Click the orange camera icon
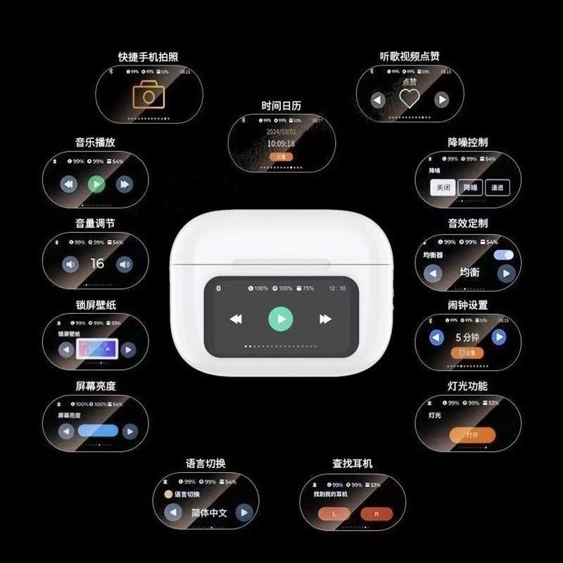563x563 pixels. coord(148,94)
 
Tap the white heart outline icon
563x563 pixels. coord(409,99)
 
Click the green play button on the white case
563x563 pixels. coord(281,320)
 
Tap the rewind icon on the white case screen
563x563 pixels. coord(236,320)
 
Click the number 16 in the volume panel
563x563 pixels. coord(97,263)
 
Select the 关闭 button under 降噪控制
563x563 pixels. coord(443,187)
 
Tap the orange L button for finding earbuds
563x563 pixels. coord(334,514)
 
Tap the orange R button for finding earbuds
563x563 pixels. coord(377,514)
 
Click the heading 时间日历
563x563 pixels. coord(281,106)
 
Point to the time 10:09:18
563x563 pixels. coord(281,144)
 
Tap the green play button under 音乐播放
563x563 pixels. coord(96,184)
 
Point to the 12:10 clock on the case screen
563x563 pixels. coord(337,289)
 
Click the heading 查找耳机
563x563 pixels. coord(353,464)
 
